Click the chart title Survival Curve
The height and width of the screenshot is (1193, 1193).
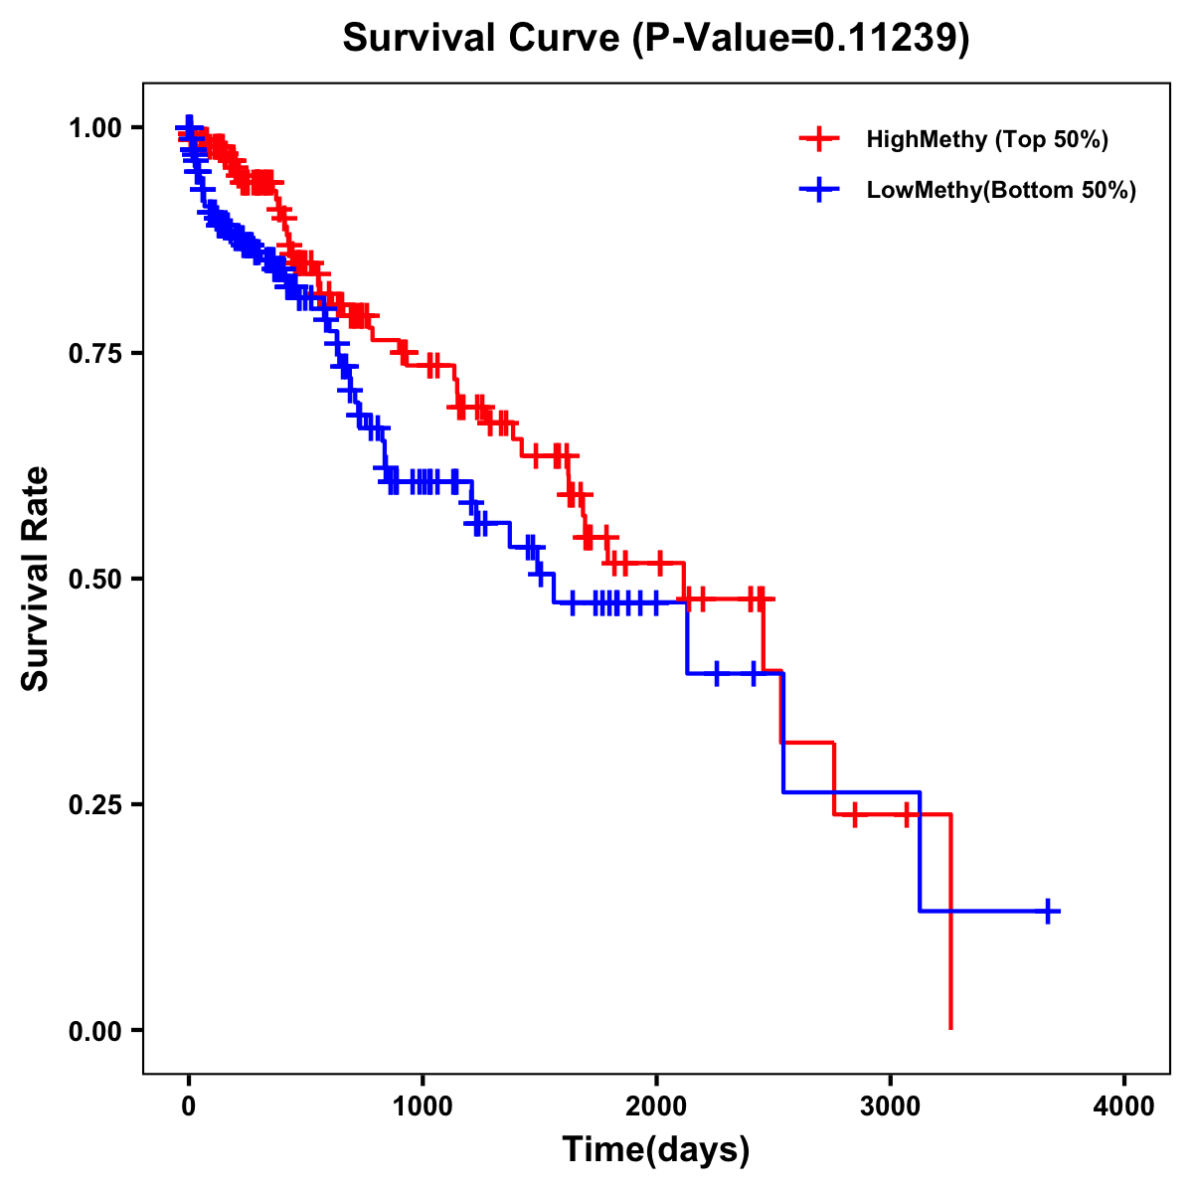[x=483, y=38]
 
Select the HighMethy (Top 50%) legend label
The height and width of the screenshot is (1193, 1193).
[x=987, y=139]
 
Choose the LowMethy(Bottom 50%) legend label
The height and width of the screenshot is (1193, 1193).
[x=1001, y=190]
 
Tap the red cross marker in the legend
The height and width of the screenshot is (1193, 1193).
[x=819, y=139]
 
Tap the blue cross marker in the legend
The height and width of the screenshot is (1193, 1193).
[x=819, y=190]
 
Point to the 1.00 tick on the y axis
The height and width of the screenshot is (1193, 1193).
[x=95, y=128]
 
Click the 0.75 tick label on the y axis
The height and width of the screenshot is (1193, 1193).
[x=95, y=354]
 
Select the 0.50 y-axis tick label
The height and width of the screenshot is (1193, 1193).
[x=95, y=580]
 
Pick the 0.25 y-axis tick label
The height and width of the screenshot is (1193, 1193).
[x=95, y=805]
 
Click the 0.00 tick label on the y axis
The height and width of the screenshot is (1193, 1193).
[x=95, y=1031]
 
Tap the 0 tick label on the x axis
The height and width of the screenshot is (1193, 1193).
[x=189, y=1107]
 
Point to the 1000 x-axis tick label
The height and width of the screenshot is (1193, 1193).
[x=423, y=1107]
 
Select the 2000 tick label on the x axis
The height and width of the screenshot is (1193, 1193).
[x=656, y=1107]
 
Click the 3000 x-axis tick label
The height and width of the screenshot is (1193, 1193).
[x=891, y=1107]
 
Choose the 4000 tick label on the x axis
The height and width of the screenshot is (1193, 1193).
[x=1124, y=1107]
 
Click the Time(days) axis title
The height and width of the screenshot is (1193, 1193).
[x=656, y=1150]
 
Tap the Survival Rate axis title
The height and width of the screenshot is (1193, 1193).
[x=36, y=579]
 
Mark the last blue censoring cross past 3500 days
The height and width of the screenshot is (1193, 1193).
[x=1048, y=911]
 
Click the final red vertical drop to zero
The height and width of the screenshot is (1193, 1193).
[x=951, y=925]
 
